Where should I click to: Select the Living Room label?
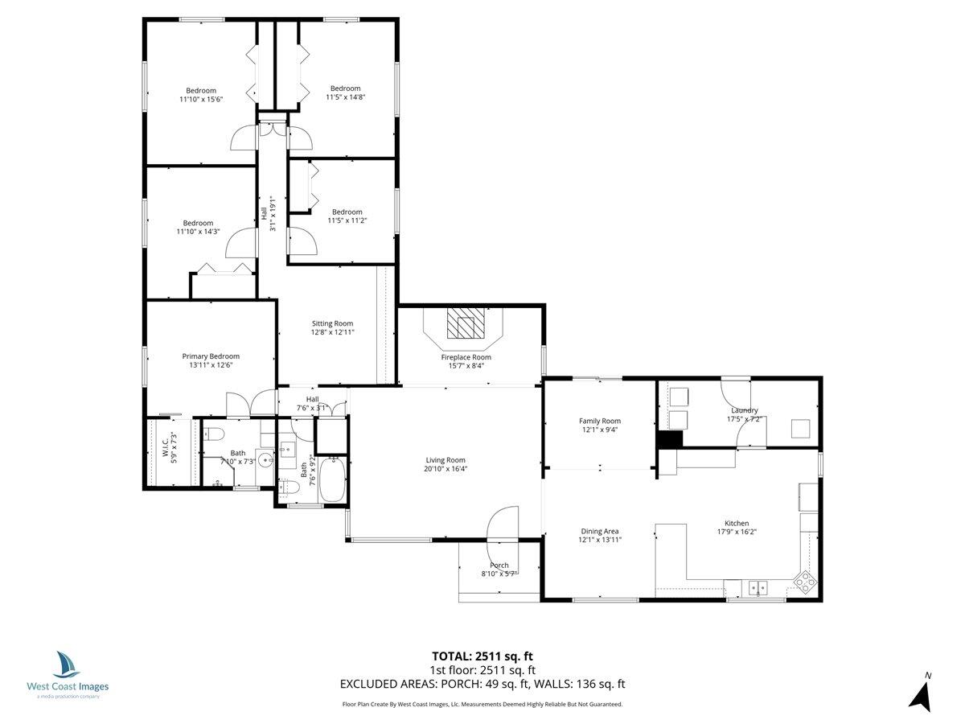pos(446,460)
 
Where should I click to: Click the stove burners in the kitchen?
pos(805,581)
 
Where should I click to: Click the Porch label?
pos(499,565)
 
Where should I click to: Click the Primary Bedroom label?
pos(211,356)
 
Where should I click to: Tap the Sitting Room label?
pos(333,323)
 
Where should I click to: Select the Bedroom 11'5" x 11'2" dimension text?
pos(347,220)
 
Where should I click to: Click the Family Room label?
pos(600,421)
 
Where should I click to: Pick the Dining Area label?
pos(600,531)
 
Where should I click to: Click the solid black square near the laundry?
pos(669,440)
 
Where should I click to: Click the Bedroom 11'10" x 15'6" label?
pos(201,90)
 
